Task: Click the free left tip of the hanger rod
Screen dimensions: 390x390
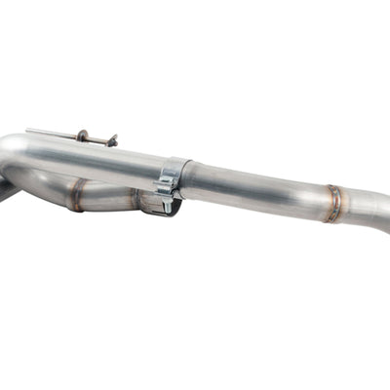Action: (28, 129)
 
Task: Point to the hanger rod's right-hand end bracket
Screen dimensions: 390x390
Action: (112, 141)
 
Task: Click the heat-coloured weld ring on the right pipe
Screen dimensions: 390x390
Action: (333, 204)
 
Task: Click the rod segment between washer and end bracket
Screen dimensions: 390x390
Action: (97, 138)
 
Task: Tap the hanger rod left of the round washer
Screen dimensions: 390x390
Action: (54, 132)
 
